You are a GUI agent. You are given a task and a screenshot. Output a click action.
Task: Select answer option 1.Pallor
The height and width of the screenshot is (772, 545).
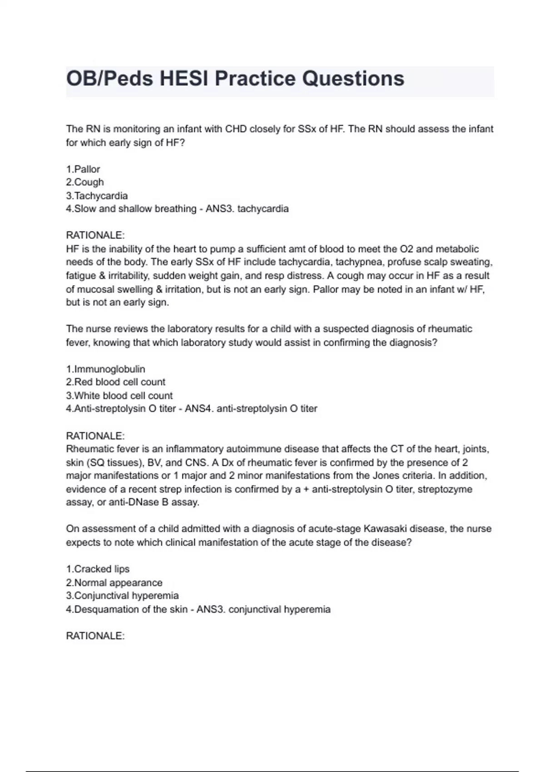pos(83,169)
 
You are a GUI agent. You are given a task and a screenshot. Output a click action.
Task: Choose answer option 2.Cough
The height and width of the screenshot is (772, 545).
pos(85,183)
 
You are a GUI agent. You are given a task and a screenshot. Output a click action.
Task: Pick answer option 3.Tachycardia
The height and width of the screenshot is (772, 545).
pos(97,196)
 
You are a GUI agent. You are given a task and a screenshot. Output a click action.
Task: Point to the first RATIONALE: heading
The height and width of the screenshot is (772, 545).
pos(95,235)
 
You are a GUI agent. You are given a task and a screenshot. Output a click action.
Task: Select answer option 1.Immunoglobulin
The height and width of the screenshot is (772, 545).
pos(105,369)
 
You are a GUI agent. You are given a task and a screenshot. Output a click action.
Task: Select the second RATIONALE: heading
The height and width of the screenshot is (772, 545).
pos(95,436)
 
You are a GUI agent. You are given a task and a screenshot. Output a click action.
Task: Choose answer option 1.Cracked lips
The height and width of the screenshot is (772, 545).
pos(98,569)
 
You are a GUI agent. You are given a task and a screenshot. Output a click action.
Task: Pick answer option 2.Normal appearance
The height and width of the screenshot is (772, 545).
pos(114,583)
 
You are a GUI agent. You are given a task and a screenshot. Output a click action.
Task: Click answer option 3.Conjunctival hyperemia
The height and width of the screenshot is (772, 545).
pos(122,596)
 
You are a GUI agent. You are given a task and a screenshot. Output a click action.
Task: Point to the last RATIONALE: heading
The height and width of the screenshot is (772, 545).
pos(95,636)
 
